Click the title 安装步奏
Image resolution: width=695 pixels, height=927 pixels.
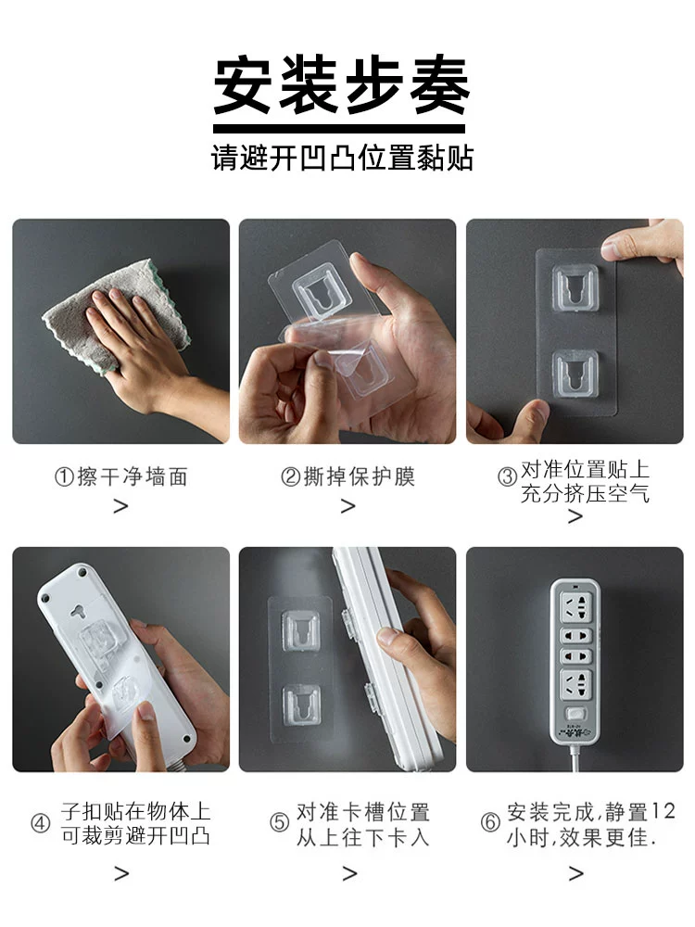(341, 84)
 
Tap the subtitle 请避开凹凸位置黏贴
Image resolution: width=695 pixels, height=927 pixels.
(342, 158)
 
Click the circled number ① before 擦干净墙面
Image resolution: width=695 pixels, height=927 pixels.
(64, 476)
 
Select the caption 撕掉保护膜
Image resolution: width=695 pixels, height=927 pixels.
(360, 476)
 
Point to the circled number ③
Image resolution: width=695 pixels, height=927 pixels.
(507, 476)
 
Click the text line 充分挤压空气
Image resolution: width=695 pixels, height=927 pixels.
(585, 493)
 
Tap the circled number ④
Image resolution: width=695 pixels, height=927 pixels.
(40, 822)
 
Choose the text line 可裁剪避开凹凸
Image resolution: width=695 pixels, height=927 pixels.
(136, 835)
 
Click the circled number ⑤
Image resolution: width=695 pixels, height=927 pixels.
(279, 821)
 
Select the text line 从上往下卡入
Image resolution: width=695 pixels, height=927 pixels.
(363, 836)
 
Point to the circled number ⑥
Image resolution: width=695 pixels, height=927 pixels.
(490, 821)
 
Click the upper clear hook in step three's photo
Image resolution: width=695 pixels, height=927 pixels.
(575, 288)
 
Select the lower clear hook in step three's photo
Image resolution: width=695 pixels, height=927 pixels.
(575, 373)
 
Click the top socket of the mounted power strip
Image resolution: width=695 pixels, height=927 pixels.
(575, 608)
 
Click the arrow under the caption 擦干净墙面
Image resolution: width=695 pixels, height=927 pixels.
(121, 506)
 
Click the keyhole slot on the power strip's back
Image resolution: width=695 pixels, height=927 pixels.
(78, 611)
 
